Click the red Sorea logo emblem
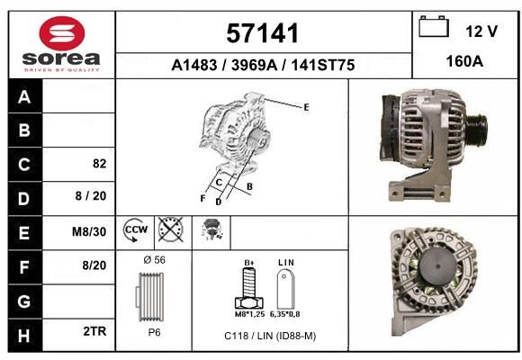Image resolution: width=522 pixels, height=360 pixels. [x=62, y=33]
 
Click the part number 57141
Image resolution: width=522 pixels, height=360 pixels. [x=262, y=33]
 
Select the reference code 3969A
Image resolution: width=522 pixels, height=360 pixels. [x=254, y=65]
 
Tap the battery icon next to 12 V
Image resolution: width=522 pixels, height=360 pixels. [x=434, y=26]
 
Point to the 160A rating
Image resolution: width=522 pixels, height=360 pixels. [x=464, y=61]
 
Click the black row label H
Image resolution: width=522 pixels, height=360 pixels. [x=24, y=336]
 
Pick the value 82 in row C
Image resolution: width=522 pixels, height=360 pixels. [x=100, y=164]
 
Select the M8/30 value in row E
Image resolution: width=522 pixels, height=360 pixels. [x=89, y=231]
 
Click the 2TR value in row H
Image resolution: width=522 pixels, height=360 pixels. [x=94, y=331]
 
